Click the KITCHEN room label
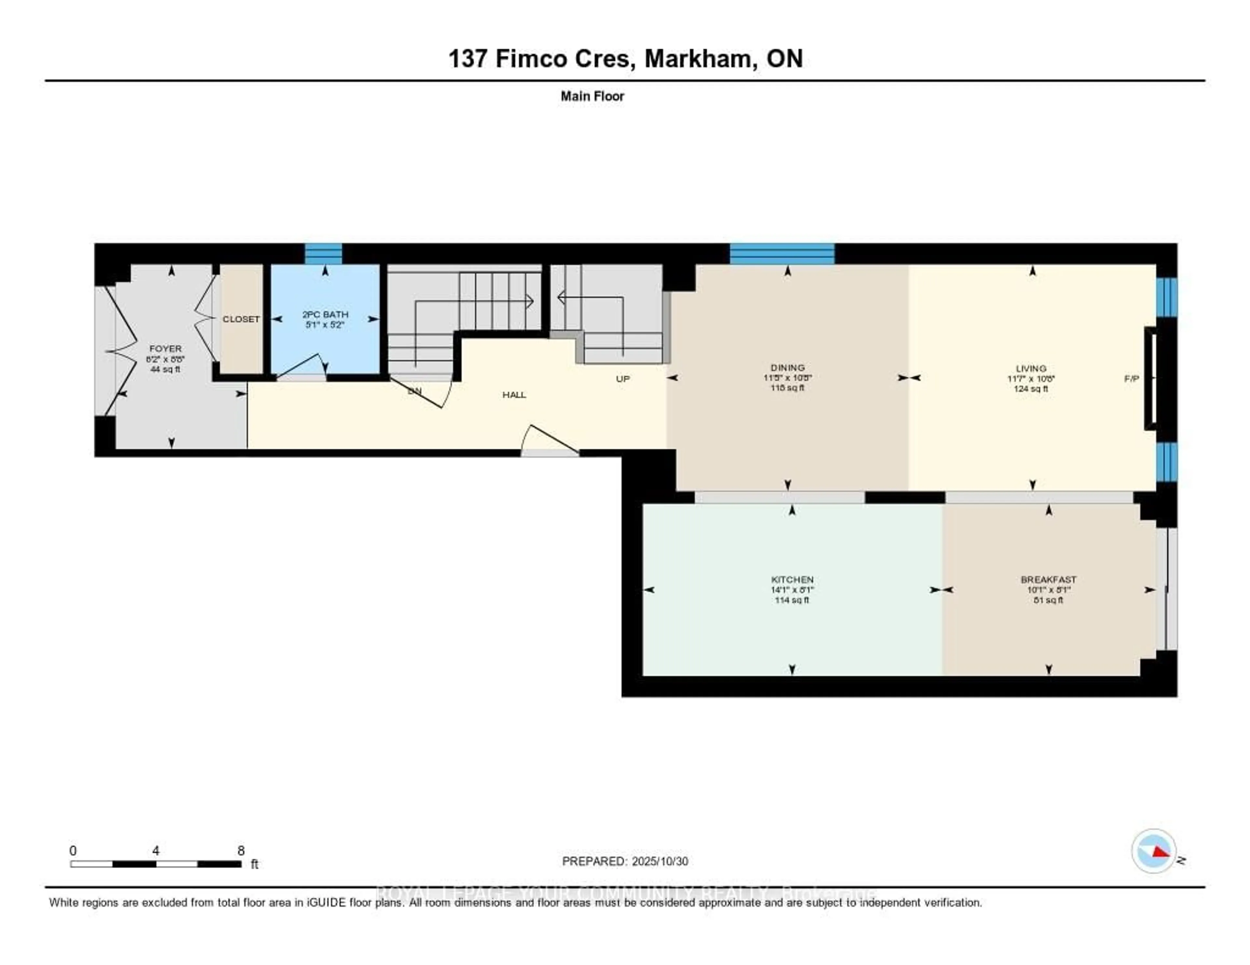[x=792, y=579]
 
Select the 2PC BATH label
[x=325, y=314]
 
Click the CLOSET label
[x=241, y=319]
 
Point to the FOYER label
[x=165, y=348]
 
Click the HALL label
[x=514, y=395]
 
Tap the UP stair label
[x=623, y=379]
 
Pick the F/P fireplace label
[x=1132, y=379]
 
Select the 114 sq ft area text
[x=792, y=600]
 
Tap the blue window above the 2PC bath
[x=323, y=253]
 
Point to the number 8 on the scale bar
[x=241, y=850]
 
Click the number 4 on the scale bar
[x=156, y=850]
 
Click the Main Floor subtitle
[x=592, y=96]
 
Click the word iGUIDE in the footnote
[x=326, y=903]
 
